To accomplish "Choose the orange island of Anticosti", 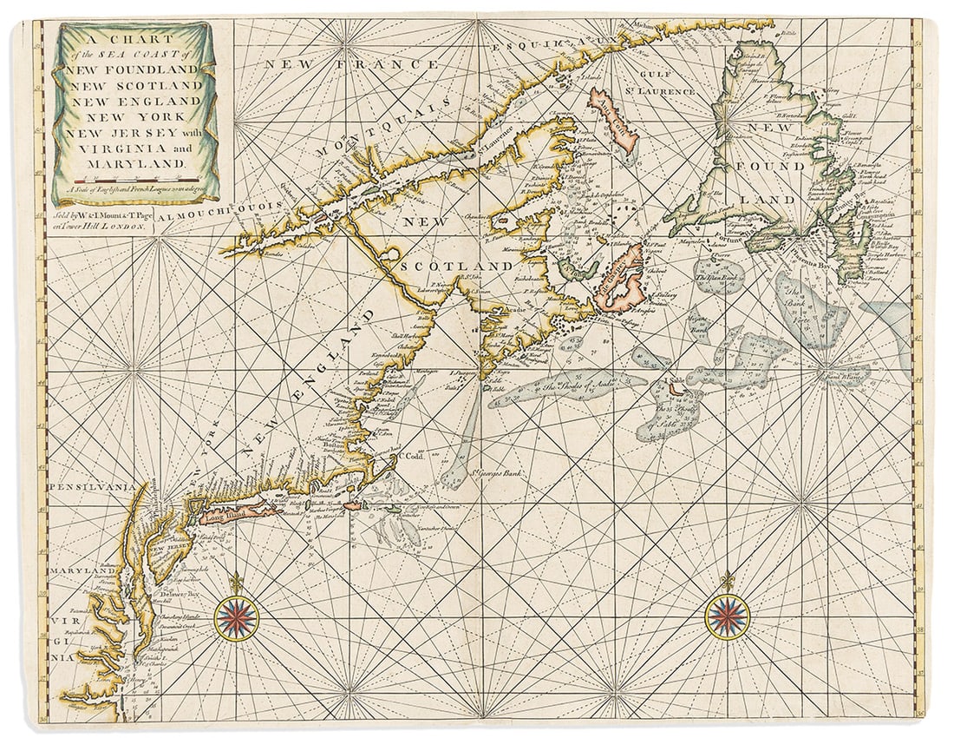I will point(614,121).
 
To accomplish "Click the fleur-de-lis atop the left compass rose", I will point(236,580).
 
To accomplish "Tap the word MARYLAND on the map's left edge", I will point(76,570).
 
